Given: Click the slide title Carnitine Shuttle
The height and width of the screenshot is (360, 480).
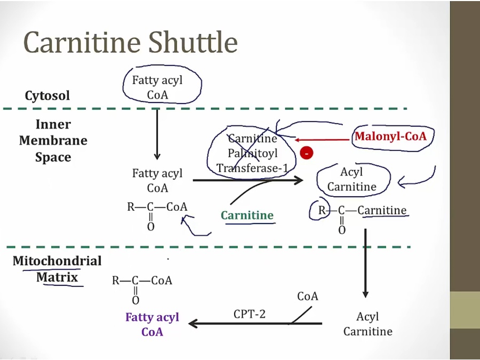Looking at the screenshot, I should point(130,43).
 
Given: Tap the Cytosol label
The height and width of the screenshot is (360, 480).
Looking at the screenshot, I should point(47,96).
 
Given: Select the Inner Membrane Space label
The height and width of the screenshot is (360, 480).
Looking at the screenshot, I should point(53,141).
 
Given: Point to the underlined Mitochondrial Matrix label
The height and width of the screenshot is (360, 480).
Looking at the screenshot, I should point(57,269).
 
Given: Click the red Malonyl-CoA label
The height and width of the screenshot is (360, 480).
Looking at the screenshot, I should point(390,137).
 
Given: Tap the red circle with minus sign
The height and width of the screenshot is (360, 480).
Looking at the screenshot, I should point(307,154).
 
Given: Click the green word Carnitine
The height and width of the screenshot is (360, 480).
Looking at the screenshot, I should point(247,215).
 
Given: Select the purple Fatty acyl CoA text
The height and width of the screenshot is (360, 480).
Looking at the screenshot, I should point(152,324).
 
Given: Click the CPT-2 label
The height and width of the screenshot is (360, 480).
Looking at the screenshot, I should point(249,314).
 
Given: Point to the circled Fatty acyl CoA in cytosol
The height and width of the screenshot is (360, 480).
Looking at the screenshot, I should point(157,87).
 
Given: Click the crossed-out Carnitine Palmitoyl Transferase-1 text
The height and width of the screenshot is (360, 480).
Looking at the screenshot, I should point(252,154).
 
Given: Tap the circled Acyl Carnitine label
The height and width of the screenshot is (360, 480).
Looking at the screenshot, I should point(351,179).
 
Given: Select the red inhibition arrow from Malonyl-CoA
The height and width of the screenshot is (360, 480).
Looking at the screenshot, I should point(322,140).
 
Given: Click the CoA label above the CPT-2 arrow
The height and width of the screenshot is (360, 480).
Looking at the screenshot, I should point(308,296).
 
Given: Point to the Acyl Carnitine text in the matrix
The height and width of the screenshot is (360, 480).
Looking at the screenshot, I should point(367,324).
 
